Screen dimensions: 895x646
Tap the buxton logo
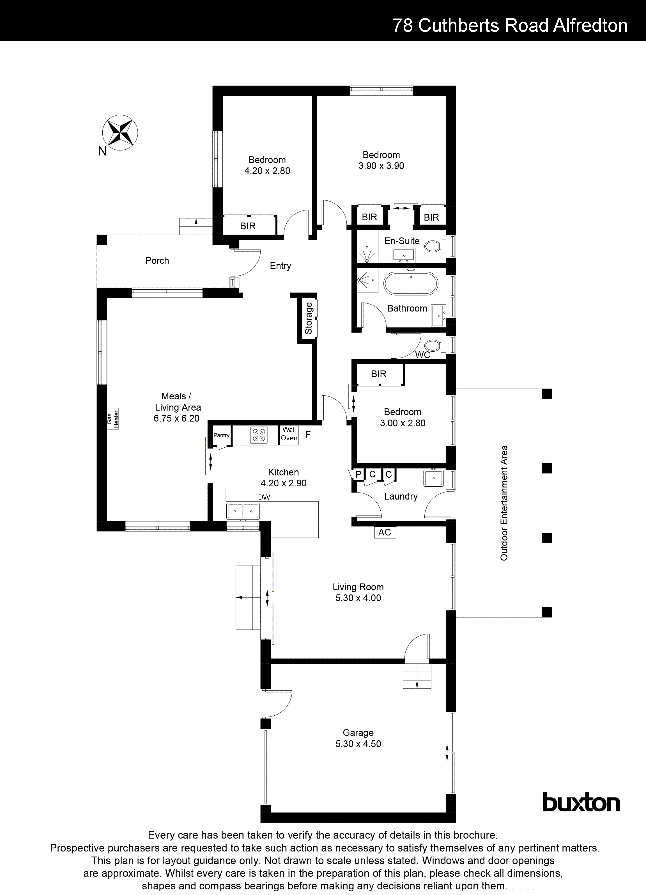(581, 804)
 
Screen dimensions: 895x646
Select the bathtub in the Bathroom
(411, 283)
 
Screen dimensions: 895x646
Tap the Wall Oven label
(289, 434)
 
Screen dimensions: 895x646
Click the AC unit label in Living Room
(385, 532)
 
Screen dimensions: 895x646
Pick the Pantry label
(221, 435)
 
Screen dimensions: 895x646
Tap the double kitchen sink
(243, 511)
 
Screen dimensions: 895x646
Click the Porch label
(157, 260)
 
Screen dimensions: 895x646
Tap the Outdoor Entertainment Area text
(504, 503)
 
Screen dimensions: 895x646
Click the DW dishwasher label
(264, 497)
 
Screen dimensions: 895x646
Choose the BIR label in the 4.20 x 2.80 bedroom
(248, 226)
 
